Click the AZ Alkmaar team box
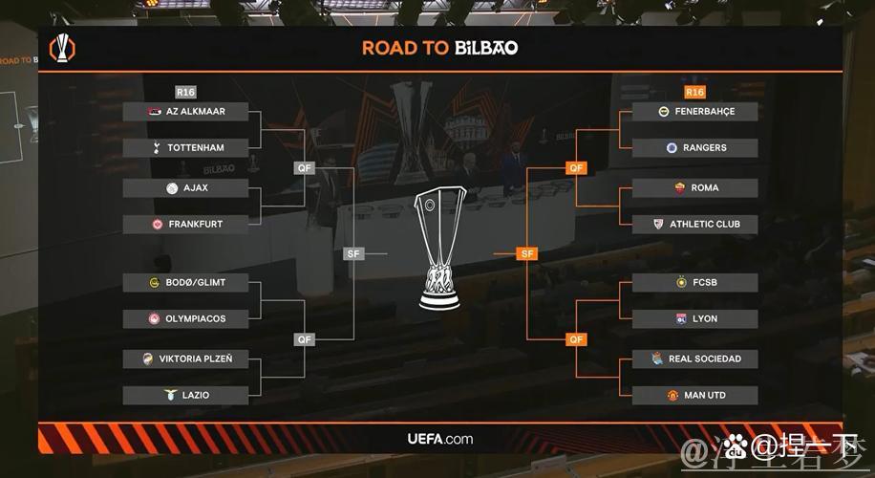point(185,112)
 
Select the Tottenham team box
point(185,148)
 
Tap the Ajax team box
point(185,188)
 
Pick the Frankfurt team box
point(185,225)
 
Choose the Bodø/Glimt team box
point(185,283)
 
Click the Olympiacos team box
point(185,318)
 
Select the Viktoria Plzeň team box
point(185,359)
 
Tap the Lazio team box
point(185,395)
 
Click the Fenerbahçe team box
point(694,112)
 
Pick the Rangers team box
point(694,148)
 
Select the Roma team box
point(694,188)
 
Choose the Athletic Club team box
point(694,225)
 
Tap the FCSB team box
point(694,283)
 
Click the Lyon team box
point(694,318)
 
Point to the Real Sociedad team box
point(694,359)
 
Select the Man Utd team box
point(694,395)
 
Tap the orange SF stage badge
point(526,254)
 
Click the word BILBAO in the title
point(486,48)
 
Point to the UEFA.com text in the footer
point(439,440)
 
